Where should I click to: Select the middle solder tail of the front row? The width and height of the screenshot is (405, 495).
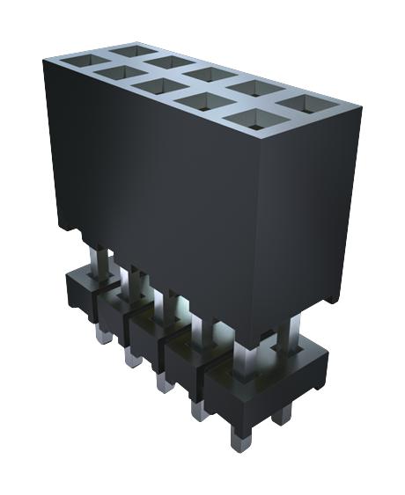162,380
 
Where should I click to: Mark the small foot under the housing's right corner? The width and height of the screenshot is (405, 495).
327,299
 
